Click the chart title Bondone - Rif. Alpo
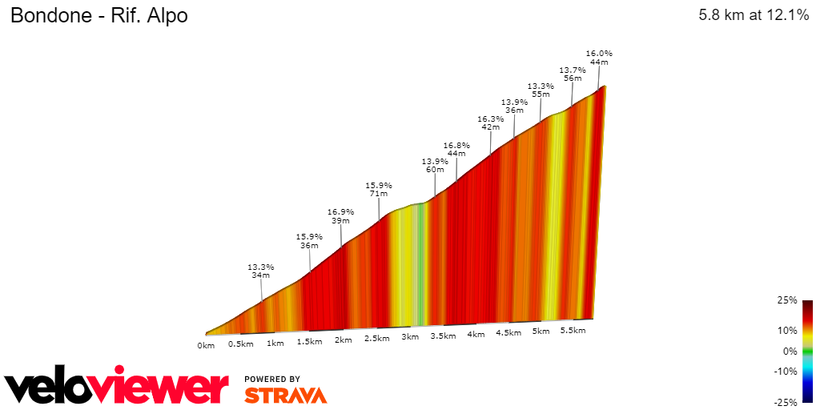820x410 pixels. click(x=98, y=15)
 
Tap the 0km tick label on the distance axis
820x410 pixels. click(x=206, y=346)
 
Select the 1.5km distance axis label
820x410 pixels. click(x=309, y=342)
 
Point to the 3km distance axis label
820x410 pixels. click(x=410, y=337)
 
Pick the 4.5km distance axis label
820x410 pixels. click(x=508, y=333)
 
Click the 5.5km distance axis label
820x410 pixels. click(x=573, y=330)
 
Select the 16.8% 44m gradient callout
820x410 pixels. click(x=456, y=149)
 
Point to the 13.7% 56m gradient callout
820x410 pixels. click(x=573, y=74)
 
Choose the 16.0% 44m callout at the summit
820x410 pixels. click(x=599, y=57)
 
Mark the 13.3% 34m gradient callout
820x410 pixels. click(x=261, y=271)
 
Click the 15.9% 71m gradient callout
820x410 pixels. click(x=378, y=189)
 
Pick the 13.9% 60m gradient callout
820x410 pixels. click(x=435, y=165)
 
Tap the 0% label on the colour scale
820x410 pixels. click(x=790, y=351)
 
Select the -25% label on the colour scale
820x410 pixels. click(x=787, y=401)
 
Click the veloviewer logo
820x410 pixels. click(x=116, y=388)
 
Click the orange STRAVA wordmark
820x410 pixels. click(x=285, y=395)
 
